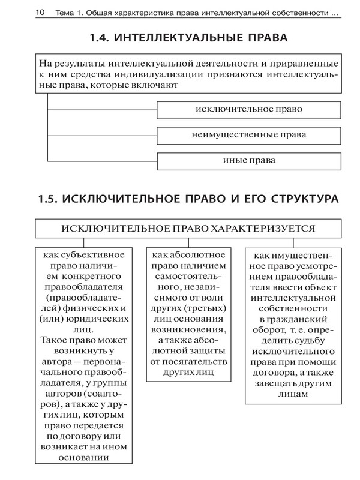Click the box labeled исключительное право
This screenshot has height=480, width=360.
coord(249,110)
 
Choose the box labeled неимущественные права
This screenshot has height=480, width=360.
coord(249,135)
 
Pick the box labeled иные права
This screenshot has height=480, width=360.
coord(249,160)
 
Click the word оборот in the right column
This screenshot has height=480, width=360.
coord(272,329)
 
